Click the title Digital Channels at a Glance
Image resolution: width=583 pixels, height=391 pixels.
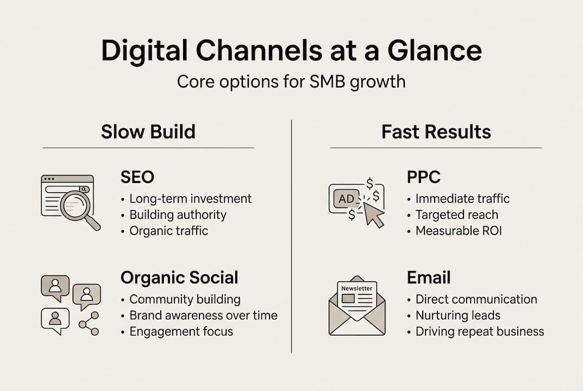tap(291, 51)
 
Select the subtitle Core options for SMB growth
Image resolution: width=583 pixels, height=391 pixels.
tap(291, 81)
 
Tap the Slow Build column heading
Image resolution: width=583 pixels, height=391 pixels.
tap(148, 131)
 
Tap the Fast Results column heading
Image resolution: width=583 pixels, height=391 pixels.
tap(436, 131)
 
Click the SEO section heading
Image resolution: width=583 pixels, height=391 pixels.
tap(137, 177)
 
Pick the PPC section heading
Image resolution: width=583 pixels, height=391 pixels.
tap(423, 177)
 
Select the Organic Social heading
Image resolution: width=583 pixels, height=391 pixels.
tap(179, 278)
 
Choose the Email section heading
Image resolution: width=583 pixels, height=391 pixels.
tap(428, 278)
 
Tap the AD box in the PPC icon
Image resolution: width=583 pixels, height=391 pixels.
tap(346, 199)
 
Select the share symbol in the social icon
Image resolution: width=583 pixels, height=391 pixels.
tap(89, 323)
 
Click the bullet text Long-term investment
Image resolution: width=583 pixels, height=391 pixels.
tap(190, 199)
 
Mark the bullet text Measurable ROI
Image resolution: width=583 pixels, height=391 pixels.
tap(458, 231)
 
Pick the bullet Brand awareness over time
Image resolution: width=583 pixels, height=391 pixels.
tap(203, 315)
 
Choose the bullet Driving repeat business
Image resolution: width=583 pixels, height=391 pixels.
tap(479, 331)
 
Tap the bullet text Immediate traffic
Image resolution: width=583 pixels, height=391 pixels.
tap(462, 199)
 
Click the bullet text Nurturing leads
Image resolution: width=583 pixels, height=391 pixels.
tap(457, 315)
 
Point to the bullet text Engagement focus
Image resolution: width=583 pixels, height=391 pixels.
tap(180, 331)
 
